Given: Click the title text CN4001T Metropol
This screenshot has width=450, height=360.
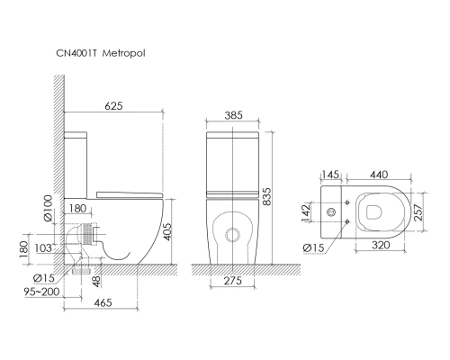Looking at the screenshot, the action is point(101,53).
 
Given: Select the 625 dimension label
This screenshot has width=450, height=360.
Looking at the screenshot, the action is point(113,106).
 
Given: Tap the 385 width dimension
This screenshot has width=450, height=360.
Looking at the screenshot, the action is point(233,115).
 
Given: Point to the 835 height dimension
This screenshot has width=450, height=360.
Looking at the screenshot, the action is point(265,197).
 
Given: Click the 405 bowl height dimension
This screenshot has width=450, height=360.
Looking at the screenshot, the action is point(167,231).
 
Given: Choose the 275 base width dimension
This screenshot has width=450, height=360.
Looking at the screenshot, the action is point(233,281).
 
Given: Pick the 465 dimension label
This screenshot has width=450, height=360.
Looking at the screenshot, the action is point(103,302).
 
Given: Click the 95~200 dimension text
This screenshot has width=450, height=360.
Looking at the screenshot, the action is point(42,292).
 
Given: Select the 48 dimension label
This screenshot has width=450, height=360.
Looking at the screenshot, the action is point(96,281).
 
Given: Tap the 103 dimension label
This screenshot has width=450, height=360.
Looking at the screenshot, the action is point(43,248).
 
